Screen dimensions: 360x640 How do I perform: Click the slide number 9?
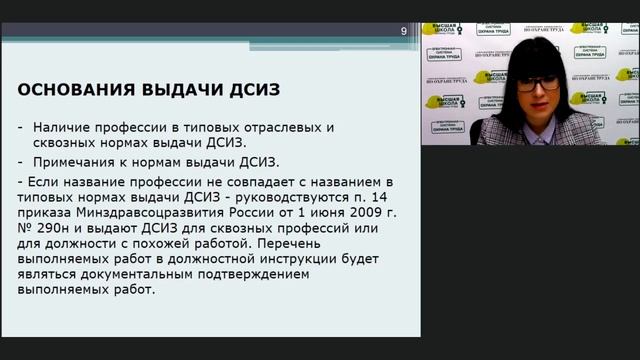coord(404,31)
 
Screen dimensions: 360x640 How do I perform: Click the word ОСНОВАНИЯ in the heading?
coord(76,90)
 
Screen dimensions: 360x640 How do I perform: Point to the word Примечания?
coord(79,160)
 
